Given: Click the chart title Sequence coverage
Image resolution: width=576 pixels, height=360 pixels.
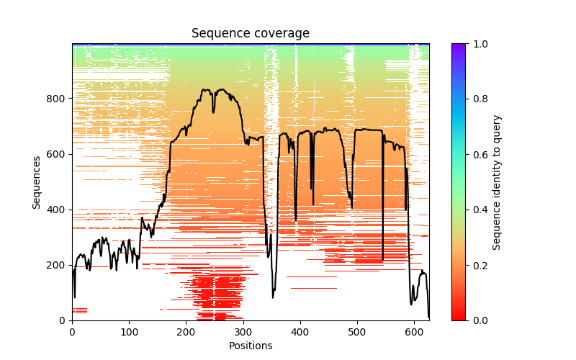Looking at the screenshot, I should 250,34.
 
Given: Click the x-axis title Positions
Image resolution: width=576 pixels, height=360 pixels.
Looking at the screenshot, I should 250,346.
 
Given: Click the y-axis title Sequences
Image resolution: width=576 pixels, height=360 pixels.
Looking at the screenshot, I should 37,182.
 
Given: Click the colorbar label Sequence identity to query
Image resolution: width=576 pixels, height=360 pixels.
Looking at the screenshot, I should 497,182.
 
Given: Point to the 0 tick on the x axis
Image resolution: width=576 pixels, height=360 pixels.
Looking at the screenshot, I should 72,331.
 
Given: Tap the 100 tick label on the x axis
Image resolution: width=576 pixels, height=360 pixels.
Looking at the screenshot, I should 129,331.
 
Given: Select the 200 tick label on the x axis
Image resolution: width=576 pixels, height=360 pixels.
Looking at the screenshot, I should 186,331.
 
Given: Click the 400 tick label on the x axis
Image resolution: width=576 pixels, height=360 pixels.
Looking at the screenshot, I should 300,331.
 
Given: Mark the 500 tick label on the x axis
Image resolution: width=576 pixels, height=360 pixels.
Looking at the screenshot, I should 357,331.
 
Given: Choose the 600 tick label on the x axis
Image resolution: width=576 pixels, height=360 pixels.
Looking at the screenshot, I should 414,331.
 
